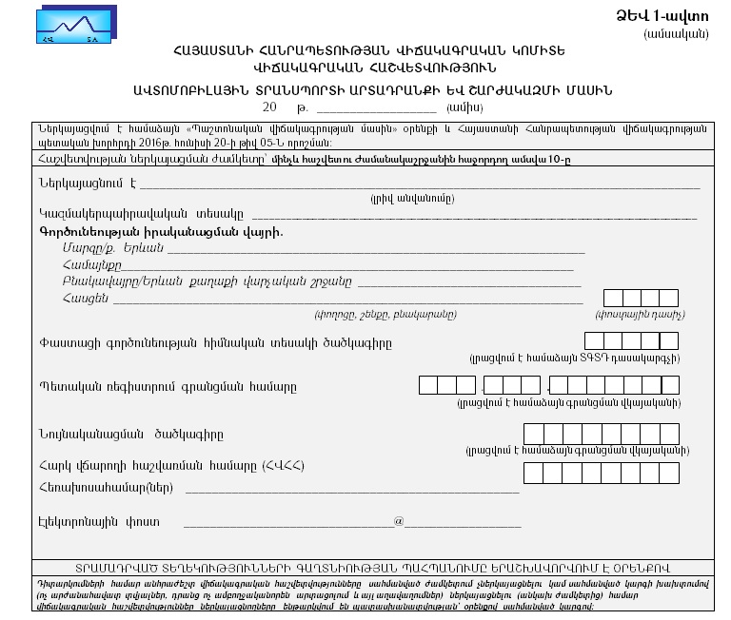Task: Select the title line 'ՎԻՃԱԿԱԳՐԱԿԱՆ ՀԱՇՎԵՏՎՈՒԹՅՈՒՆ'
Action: [x=364, y=68]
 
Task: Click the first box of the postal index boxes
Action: [x=613, y=298]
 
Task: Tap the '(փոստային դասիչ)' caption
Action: [x=640, y=314]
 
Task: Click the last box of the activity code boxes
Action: [x=668, y=341]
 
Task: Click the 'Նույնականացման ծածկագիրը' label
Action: [x=131, y=435]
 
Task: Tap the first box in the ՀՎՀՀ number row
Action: [x=532, y=473]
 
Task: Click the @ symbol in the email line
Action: [x=399, y=521]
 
